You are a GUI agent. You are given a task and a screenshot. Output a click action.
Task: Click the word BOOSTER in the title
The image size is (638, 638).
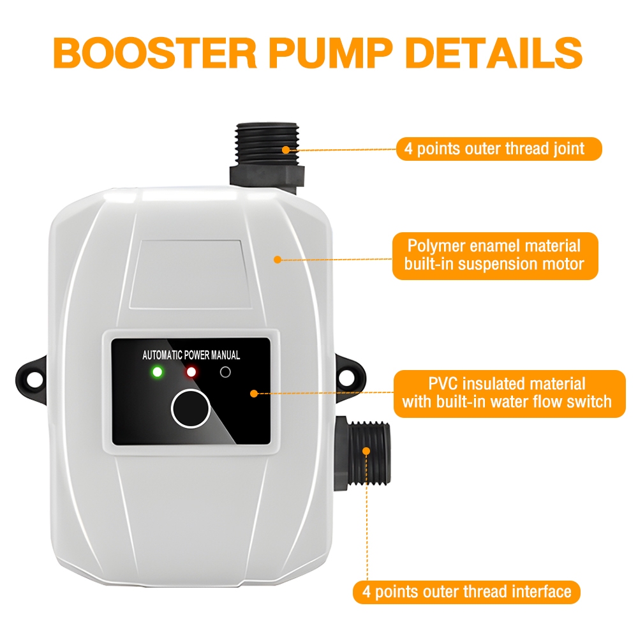pyautogui.click(x=154, y=53)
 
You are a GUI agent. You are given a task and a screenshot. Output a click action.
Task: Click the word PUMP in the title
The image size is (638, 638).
pyautogui.click(x=330, y=53)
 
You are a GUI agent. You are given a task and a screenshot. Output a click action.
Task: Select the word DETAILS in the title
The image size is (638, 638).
pyautogui.click(x=494, y=53)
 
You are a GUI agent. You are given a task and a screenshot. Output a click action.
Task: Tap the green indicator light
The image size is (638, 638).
pyautogui.click(x=157, y=372)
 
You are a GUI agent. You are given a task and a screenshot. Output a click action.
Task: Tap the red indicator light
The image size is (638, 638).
pyautogui.click(x=191, y=372)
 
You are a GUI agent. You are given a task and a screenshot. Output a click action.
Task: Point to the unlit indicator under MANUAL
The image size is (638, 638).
pyautogui.click(x=225, y=372)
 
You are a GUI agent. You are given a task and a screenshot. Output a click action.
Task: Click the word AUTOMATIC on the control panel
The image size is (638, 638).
pyautogui.click(x=162, y=355)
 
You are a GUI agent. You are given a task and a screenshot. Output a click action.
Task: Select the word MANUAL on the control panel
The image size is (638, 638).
pyautogui.click(x=225, y=355)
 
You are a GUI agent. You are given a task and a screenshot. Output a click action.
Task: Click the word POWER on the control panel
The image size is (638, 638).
pyautogui.click(x=197, y=355)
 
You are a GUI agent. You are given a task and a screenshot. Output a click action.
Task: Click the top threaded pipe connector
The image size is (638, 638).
pyautogui.click(x=267, y=154)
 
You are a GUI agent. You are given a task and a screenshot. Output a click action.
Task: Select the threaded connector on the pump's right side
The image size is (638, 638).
pyautogui.click(x=362, y=453)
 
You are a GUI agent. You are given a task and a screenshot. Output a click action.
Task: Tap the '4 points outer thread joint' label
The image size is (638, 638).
pyautogui.click(x=499, y=149)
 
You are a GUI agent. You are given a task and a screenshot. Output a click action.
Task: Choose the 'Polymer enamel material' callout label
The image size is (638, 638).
pyautogui.click(x=495, y=256)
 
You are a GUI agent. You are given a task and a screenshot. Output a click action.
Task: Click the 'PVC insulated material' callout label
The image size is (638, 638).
pyautogui.click(x=509, y=394)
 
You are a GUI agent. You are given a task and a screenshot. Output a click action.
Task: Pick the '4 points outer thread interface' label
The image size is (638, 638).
pyautogui.click(x=466, y=591)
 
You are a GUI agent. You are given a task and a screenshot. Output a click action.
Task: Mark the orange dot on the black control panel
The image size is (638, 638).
pyautogui.click(x=254, y=394)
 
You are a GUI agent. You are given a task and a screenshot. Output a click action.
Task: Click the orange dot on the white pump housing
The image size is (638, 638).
pyautogui.click(x=278, y=260)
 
